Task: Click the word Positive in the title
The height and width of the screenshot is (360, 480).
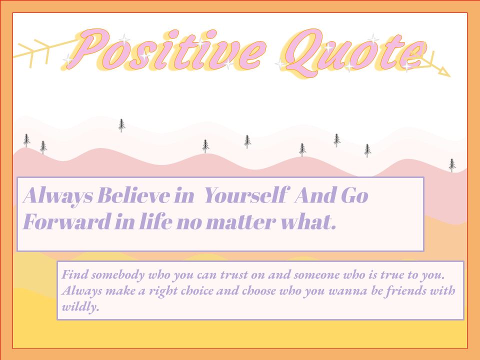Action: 166,49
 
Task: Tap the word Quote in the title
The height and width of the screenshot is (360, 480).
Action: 355,52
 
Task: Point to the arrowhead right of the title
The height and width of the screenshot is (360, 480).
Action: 444,71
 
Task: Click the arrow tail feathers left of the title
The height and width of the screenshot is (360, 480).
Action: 33,52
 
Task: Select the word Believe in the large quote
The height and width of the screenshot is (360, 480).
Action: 134,195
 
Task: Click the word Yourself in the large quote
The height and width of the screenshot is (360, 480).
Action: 246,195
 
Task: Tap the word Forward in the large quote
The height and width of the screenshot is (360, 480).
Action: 67,221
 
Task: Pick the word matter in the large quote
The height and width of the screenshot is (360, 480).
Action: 241,222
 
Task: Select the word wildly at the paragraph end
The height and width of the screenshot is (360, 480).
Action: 80,306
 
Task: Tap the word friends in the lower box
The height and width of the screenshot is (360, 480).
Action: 399,290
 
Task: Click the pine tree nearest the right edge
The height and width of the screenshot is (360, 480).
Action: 452,165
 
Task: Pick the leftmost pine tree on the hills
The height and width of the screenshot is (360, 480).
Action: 26,140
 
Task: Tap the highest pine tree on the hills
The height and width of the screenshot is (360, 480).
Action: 121,125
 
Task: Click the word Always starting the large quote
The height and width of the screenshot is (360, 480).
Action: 57,195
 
